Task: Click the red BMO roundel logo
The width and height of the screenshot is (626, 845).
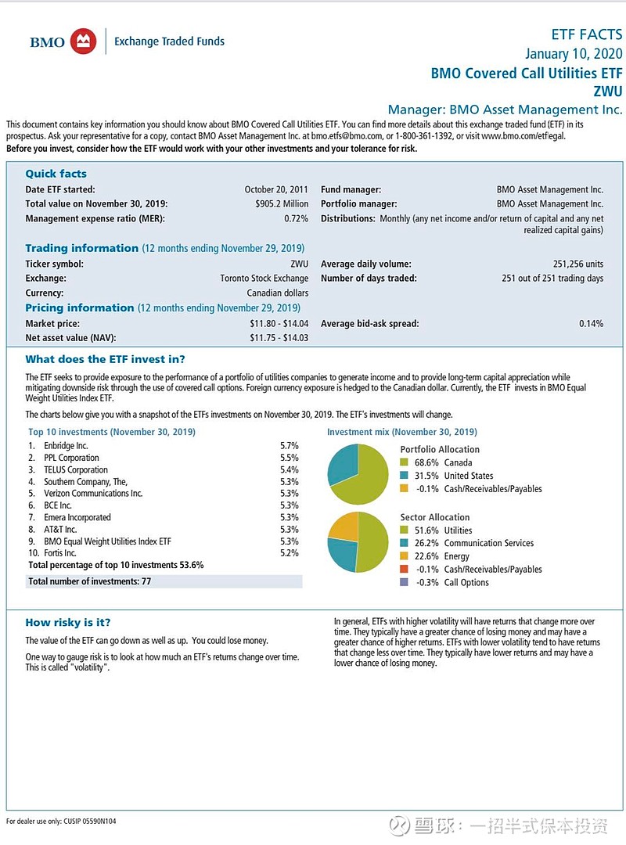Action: click(x=83, y=41)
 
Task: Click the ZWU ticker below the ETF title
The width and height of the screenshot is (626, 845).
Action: click(x=608, y=92)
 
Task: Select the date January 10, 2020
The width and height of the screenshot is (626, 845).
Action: click(x=574, y=54)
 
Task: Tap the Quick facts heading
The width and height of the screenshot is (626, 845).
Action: click(x=56, y=174)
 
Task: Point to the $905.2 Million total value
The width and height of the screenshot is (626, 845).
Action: click(x=282, y=203)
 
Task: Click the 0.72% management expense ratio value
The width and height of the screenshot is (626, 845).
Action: click(x=296, y=218)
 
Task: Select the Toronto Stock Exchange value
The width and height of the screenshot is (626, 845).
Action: click(x=264, y=279)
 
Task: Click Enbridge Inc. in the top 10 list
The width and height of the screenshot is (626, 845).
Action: click(x=66, y=445)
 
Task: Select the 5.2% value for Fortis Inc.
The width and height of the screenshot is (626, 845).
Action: click(x=289, y=553)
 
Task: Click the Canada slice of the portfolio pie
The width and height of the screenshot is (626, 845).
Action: click(x=368, y=479)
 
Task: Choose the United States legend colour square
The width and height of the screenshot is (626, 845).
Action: click(x=404, y=476)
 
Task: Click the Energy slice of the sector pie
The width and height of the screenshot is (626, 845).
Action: click(x=344, y=526)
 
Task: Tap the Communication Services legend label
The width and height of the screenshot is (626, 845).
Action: click(x=489, y=543)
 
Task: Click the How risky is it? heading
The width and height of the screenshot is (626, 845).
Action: click(x=67, y=623)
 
